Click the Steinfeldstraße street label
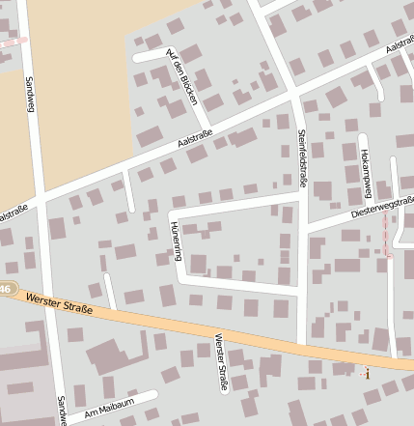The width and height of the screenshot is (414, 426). (301, 158)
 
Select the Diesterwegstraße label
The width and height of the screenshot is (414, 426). (383, 205)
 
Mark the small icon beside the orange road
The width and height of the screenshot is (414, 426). (365, 373)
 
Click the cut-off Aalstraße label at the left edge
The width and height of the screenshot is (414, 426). (13, 213)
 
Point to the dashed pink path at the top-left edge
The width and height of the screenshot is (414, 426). (12, 42)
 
